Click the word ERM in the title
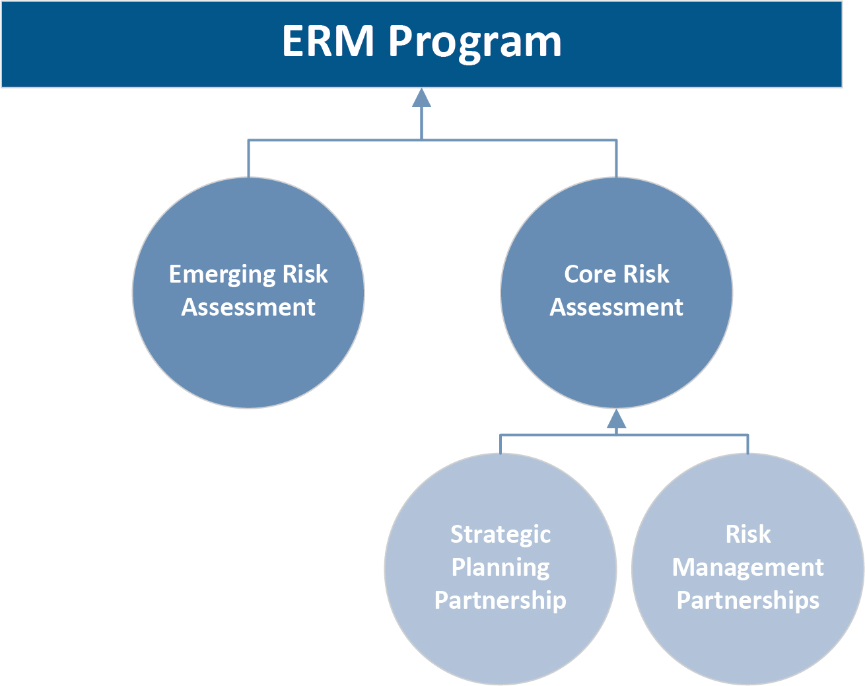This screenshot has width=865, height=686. (328, 41)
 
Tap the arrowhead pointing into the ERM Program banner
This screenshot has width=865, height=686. (421, 98)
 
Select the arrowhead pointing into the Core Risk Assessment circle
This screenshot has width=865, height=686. (616, 419)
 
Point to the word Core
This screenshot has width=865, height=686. (589, 274)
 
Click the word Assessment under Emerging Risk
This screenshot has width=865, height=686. (248, 307)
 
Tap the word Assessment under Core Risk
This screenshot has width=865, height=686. (616, 307)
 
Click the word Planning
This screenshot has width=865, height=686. (501, 568)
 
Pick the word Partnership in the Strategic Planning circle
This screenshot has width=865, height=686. (501, 600)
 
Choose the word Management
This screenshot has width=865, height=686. (747, 567)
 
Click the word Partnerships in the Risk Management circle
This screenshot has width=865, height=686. (747, 600)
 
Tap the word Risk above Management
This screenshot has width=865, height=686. (747, 534)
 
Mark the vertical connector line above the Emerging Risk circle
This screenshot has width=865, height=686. (248, 158)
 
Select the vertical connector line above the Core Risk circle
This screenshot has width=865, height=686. (616, 158)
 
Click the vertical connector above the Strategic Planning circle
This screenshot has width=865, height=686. (501, 444)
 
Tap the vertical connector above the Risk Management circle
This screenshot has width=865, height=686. (747, 444)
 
